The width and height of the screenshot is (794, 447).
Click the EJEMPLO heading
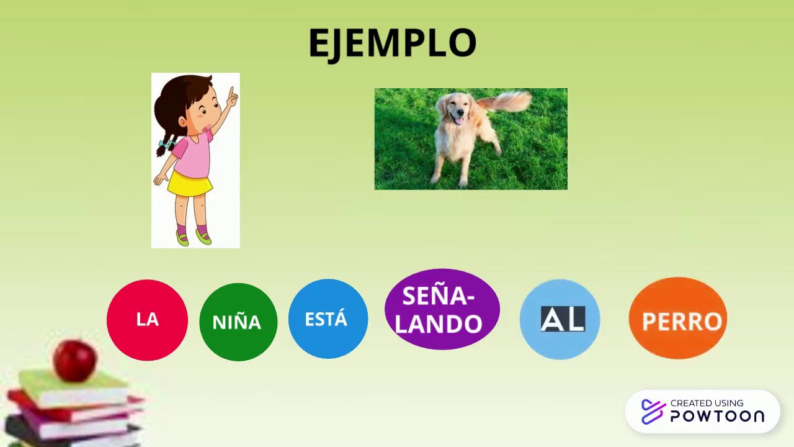pyautogui.click(x=392, y=43)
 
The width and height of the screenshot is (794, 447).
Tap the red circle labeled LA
pyautogui.click(x=147, y=320)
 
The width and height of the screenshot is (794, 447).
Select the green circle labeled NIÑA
pyautogui.click(x=238, y=322)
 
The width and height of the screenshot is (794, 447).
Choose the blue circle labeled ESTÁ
pyautogui.click(x=328, y=319)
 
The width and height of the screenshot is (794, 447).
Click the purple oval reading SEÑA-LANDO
pyautogui.click(x=442, y=309)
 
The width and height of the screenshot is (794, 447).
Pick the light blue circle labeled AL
pyautogui.click(x=560, y=319)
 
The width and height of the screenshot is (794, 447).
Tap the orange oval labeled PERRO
pyautogui.click(x=677, y=318)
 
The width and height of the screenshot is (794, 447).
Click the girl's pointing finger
pyautogui.click(x=232, y=95)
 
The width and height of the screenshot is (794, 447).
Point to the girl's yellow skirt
pyautogui.click(x=190, y=184)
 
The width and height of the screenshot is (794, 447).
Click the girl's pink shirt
pyautogui.click(x=192, y=155)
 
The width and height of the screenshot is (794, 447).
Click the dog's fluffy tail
pyautogui.click(x=509, y=101)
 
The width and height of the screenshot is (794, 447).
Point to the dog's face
pyautogui.click(x=457, y=112)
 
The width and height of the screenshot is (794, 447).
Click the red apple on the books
pyautogui.click(x=75, y=359)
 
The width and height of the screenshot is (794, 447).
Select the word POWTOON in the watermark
pyautogui.click(x=717, y=417)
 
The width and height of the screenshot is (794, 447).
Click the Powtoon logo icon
pyautogui.click(x=653, y=412)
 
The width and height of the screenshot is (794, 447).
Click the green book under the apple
pyautogui.click(x=74, y=386)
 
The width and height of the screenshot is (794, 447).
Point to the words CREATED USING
pyautogui.click(x=707, y=403)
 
